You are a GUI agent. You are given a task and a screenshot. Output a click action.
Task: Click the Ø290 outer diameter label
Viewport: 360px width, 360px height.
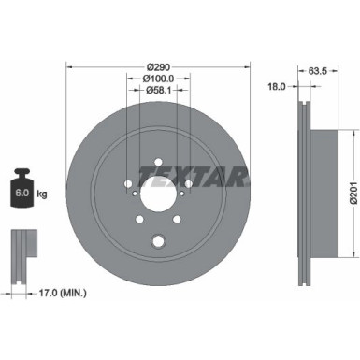pos(156,67)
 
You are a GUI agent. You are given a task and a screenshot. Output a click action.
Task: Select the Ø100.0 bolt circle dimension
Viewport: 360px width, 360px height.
pos(156,79)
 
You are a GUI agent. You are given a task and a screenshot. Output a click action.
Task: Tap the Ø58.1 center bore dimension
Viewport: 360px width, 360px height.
pos(156,91)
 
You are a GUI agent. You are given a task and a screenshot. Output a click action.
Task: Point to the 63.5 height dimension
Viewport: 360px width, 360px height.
pos(316,69)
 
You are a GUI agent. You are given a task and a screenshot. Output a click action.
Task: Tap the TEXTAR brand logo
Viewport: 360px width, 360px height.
pos(193,175)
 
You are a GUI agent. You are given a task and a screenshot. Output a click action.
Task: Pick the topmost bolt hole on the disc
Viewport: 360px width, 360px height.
pos(156,159)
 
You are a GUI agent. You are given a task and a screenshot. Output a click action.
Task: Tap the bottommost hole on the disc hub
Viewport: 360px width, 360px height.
pos(157,241)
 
